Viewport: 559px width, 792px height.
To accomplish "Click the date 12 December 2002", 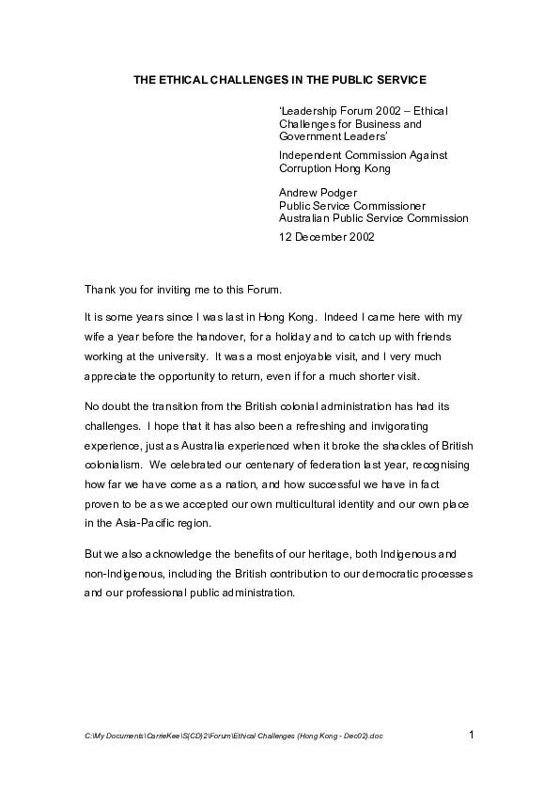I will click(x=326, y=237).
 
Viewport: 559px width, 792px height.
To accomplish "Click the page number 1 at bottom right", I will click(x=471, y=734).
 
